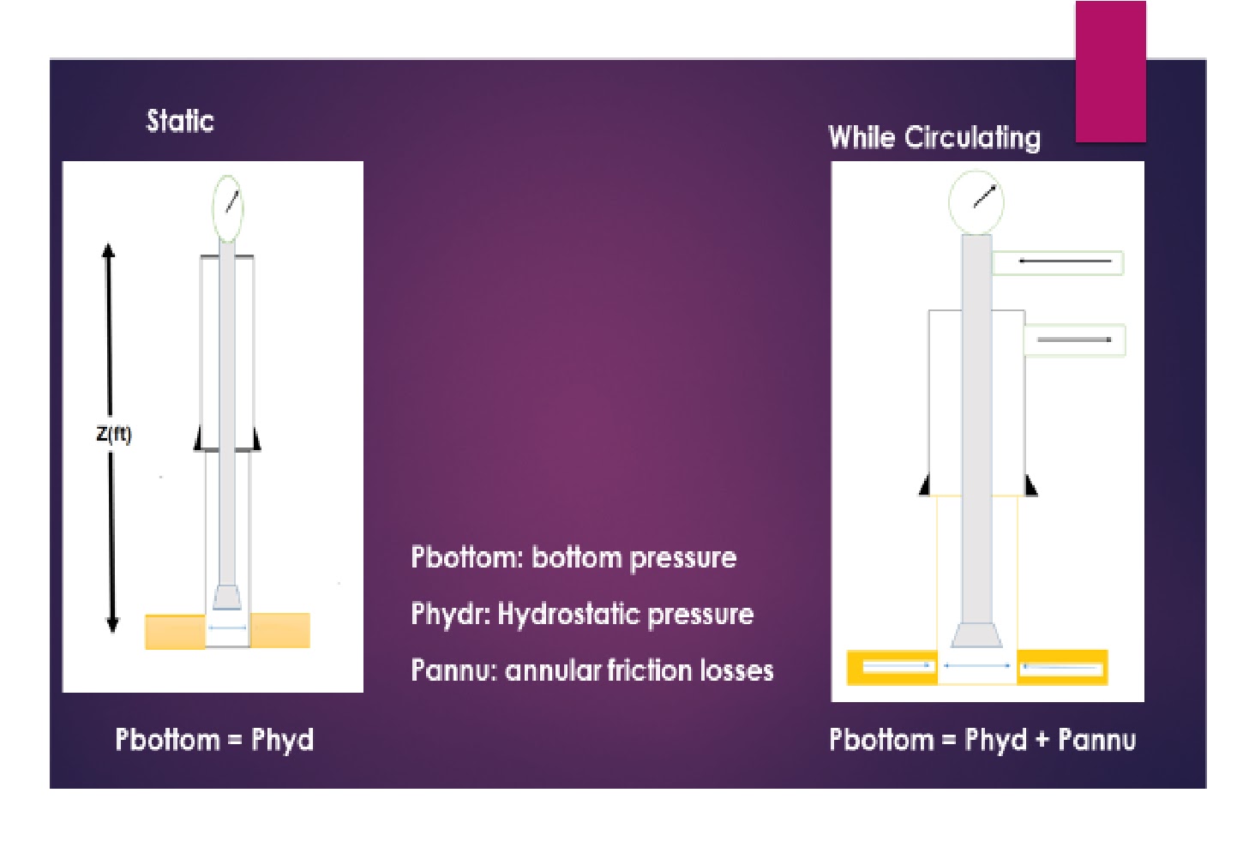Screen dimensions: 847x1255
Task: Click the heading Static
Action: pos(180,121)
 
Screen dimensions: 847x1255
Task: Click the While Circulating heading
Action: pos(934,137)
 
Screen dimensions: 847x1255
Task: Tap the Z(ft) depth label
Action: pos(114,434)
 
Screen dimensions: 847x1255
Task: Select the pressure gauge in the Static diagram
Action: pos(228,208)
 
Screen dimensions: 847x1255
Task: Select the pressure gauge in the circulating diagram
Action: pos(976,202)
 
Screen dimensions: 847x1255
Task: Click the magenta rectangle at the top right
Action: pos(1110,72)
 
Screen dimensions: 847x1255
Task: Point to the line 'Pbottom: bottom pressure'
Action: pos(573,558)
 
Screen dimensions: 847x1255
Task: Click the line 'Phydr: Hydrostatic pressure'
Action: pos(582,614)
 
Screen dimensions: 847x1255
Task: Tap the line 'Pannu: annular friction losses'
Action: pos(591,670)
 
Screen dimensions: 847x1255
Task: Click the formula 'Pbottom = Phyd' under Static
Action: pos(214,739)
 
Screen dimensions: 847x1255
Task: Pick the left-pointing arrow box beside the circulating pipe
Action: pos(1058,262)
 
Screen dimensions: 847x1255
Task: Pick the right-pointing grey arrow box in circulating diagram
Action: pos(1074,340)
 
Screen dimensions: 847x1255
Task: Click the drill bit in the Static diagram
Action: pos(227,598)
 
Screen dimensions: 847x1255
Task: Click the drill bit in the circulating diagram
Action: pos(976,635)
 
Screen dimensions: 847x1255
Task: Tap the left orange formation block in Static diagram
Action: pos(176,631)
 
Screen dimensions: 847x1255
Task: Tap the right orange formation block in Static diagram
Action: pos(279,630)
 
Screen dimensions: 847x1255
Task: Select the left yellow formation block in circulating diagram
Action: pos(892,667)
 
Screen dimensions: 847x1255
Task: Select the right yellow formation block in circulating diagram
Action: pos(1062,667)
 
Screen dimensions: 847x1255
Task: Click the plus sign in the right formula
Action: pos(1042,739)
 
